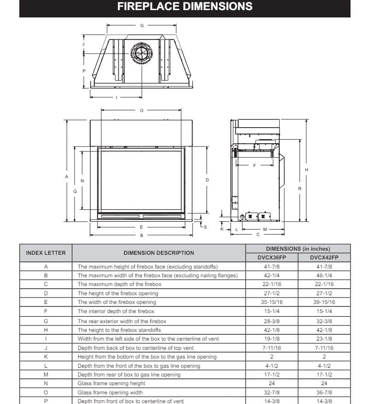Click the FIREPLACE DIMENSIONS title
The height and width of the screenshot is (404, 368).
tap(184, 6)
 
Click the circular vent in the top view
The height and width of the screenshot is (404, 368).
tap(141, 54)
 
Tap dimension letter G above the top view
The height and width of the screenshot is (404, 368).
tap(142, 26)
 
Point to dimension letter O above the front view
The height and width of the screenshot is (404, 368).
tap(142, 110)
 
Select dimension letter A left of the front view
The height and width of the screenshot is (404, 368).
tap(67, 176)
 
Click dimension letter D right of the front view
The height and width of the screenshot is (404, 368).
tap(207, 180)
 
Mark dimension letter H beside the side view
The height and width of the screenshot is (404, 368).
tap(307, 170)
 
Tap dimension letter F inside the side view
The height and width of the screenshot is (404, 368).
tap(254, 165)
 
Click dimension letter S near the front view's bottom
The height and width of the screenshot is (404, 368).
tap(205, 227)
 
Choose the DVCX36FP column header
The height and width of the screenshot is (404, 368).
tap(272, 257)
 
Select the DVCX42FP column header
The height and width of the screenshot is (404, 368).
tap(324, 257)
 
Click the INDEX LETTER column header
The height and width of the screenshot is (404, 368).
tap(46, 253)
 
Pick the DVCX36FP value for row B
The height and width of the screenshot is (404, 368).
tap(272, 275)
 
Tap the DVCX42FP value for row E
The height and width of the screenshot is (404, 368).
tap(324, 302)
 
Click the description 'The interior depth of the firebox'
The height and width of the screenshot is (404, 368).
tap(116, 311)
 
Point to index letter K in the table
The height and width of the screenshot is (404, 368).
tap(46, 357)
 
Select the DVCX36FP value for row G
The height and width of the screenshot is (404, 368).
tap(272, 321)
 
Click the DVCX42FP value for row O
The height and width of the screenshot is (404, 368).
tap(324, 393)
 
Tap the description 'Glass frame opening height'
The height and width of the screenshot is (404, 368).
tap(111, 383)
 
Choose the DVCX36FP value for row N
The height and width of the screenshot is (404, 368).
tap(272, 383)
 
